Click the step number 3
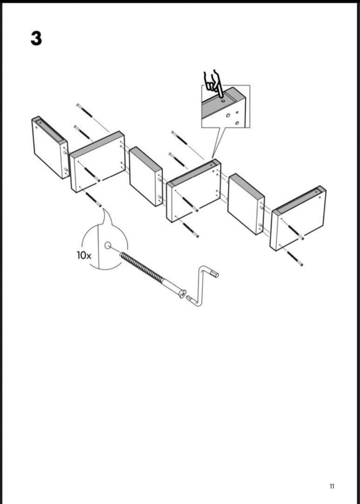(36, 38)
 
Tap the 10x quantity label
(84, 256)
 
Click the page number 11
(332, 486)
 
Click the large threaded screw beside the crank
(152, 275)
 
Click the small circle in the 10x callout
(108, 246)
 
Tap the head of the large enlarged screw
(182, 294)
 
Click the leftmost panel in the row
(50, 147)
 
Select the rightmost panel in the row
(298, 218)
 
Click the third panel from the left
(146, 176)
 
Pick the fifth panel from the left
(246, 204)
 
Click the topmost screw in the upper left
(84, 110)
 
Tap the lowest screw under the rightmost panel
(295, 259)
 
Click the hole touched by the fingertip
(223, 100)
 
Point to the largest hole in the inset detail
(228, 115)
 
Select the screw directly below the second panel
(93, 199)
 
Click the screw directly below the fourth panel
(191, 230)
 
